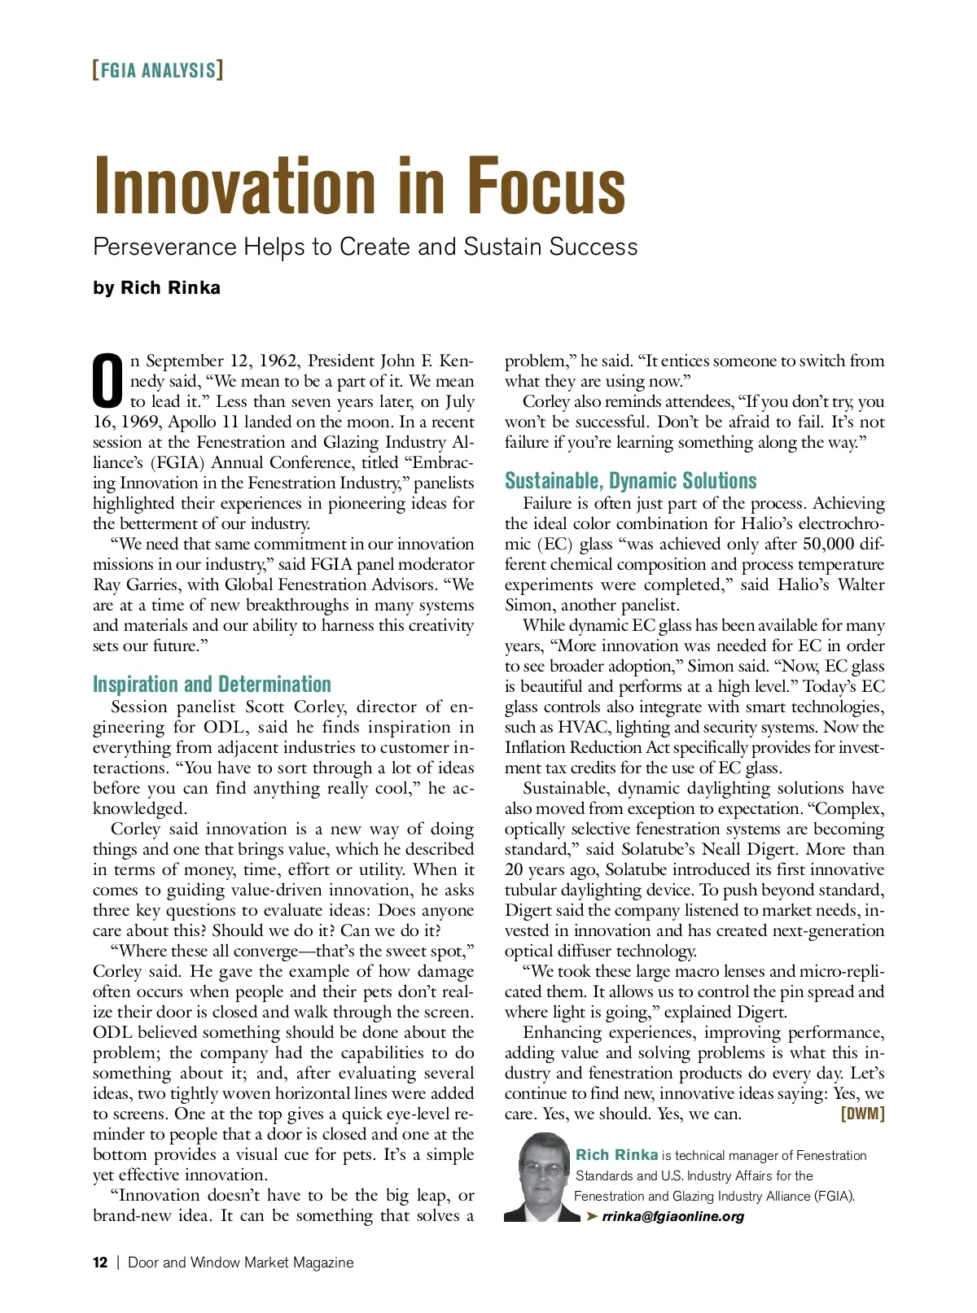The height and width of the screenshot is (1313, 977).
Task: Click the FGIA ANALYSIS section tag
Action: click(158, 70)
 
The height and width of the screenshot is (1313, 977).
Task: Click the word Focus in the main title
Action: click(546, 186)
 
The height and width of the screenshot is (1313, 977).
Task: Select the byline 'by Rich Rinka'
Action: click(156, 288)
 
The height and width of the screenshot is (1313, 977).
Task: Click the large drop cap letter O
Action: click(108, 381)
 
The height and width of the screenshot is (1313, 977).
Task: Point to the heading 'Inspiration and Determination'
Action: click(212, 684)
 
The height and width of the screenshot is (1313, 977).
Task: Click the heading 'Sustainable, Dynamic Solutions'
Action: click(630, 480)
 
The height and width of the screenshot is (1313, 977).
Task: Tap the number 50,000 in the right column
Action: click(828, 544)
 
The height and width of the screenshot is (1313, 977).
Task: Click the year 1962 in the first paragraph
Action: click(278, 361)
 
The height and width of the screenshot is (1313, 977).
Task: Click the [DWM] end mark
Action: click(862, 1114)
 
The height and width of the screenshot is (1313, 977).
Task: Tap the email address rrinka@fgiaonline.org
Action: click(673, 1216)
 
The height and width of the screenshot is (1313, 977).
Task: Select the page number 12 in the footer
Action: click(100, 1263)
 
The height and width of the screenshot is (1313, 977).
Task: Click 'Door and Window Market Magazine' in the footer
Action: click(241, 1263)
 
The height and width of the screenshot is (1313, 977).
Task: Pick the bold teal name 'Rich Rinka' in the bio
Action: click(616, 1155)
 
